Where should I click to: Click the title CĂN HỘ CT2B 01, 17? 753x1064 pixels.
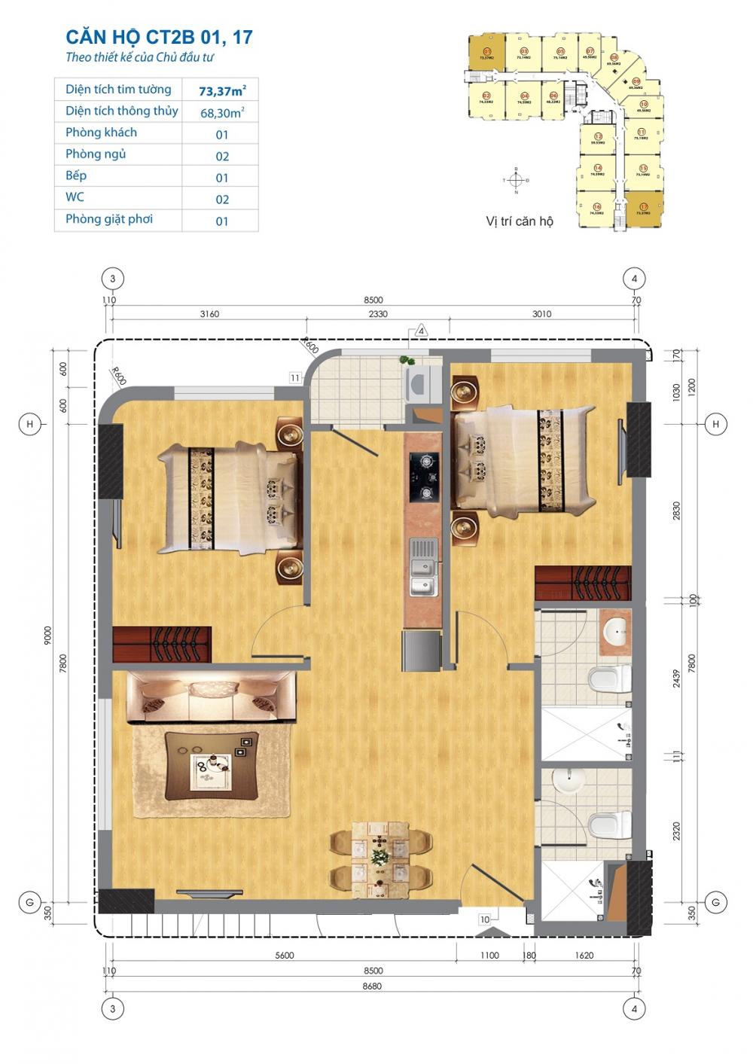click(x=159, y=37)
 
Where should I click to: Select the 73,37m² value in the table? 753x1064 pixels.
click(x=222, y=91)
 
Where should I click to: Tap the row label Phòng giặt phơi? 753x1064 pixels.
click(x=109, y=219)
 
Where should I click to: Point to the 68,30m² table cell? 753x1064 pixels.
click(x=221, y=113)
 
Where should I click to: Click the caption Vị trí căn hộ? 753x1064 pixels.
click(x=520, y=221)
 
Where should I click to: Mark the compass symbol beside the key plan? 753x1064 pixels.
click(x=516, y=181)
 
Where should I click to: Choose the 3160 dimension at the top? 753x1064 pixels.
click(x=209, y=314)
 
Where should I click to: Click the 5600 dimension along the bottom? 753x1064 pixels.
click(x=285, y=955)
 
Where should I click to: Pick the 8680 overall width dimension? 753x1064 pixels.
click(x=373, y=986)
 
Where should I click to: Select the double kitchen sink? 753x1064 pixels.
click(x=423, y=566)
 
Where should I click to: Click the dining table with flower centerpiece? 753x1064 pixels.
click(x=381, y=857)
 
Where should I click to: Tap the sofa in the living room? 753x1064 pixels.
click(x=211, y=697)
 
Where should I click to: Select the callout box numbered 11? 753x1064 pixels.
click(x=294, y=378)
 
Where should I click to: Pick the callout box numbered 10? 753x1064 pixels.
click(x=485, y=919)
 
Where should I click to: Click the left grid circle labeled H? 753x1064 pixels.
click(x=30, y=425)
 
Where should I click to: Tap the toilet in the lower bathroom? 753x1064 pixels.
click(x=608, y=825)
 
